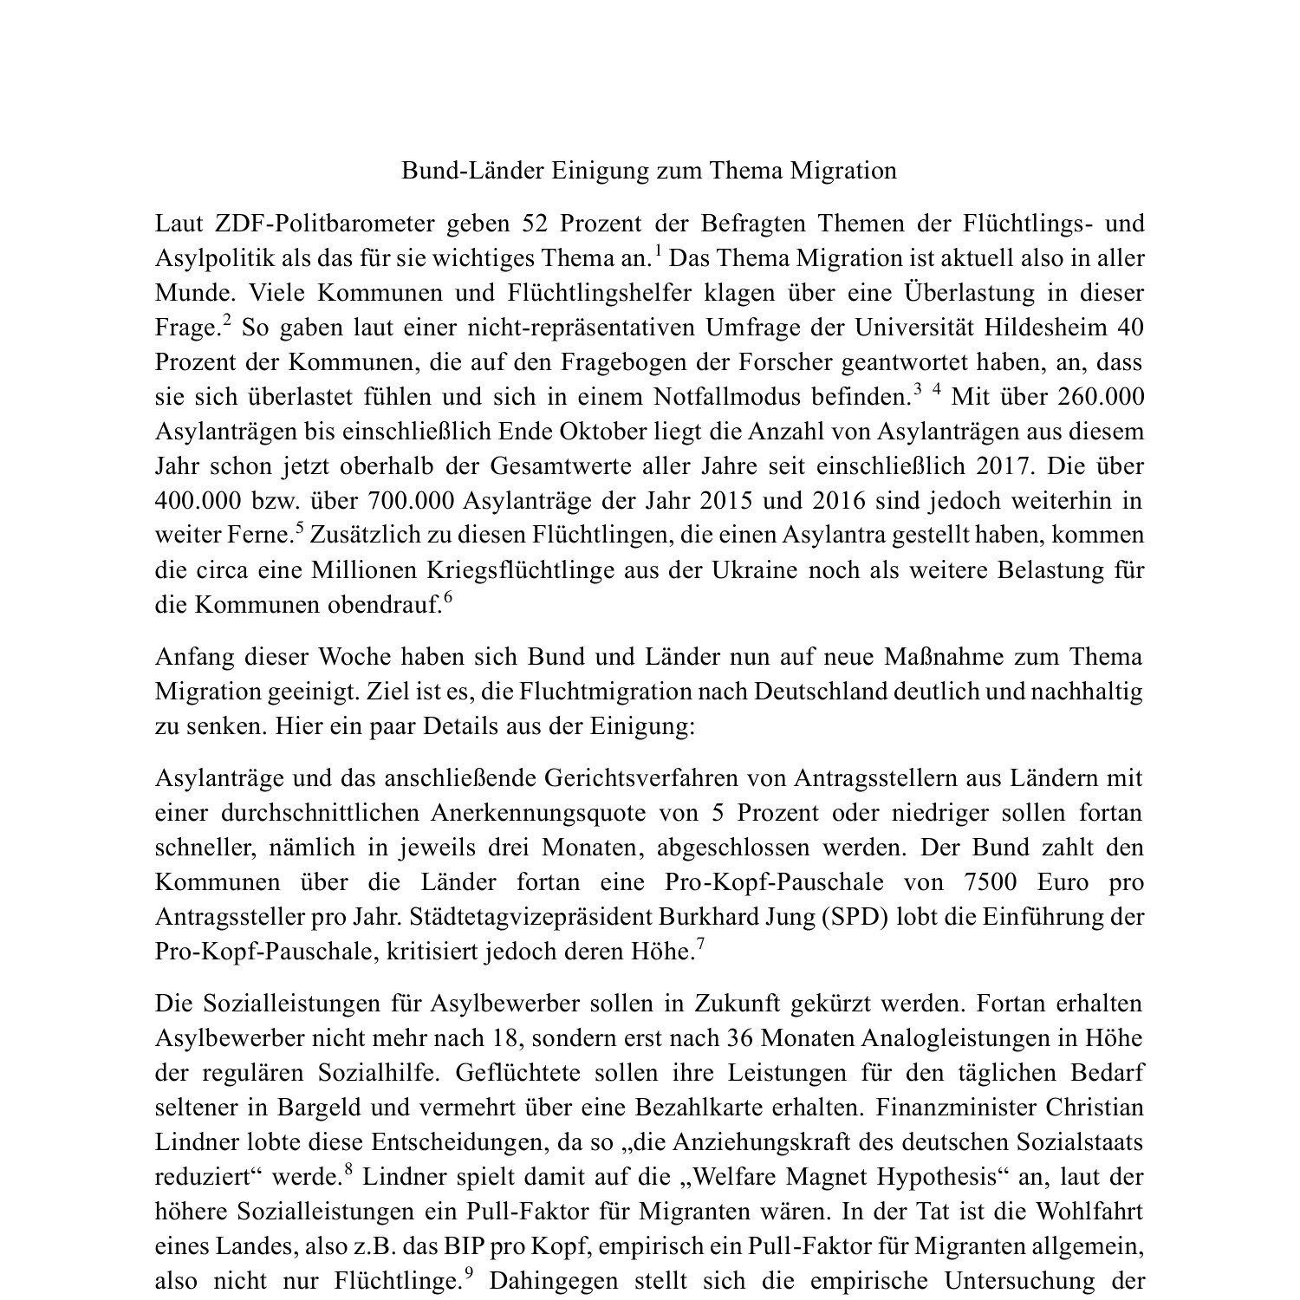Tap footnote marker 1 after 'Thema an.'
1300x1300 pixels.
(x=658, y=252)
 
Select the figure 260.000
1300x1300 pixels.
(x=1101, y=397)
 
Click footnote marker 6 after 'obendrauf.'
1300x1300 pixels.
(x=448, y=598)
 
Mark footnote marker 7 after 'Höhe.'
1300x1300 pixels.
(x=700, y=945)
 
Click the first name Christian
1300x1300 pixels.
(x=1095, y=1108)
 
